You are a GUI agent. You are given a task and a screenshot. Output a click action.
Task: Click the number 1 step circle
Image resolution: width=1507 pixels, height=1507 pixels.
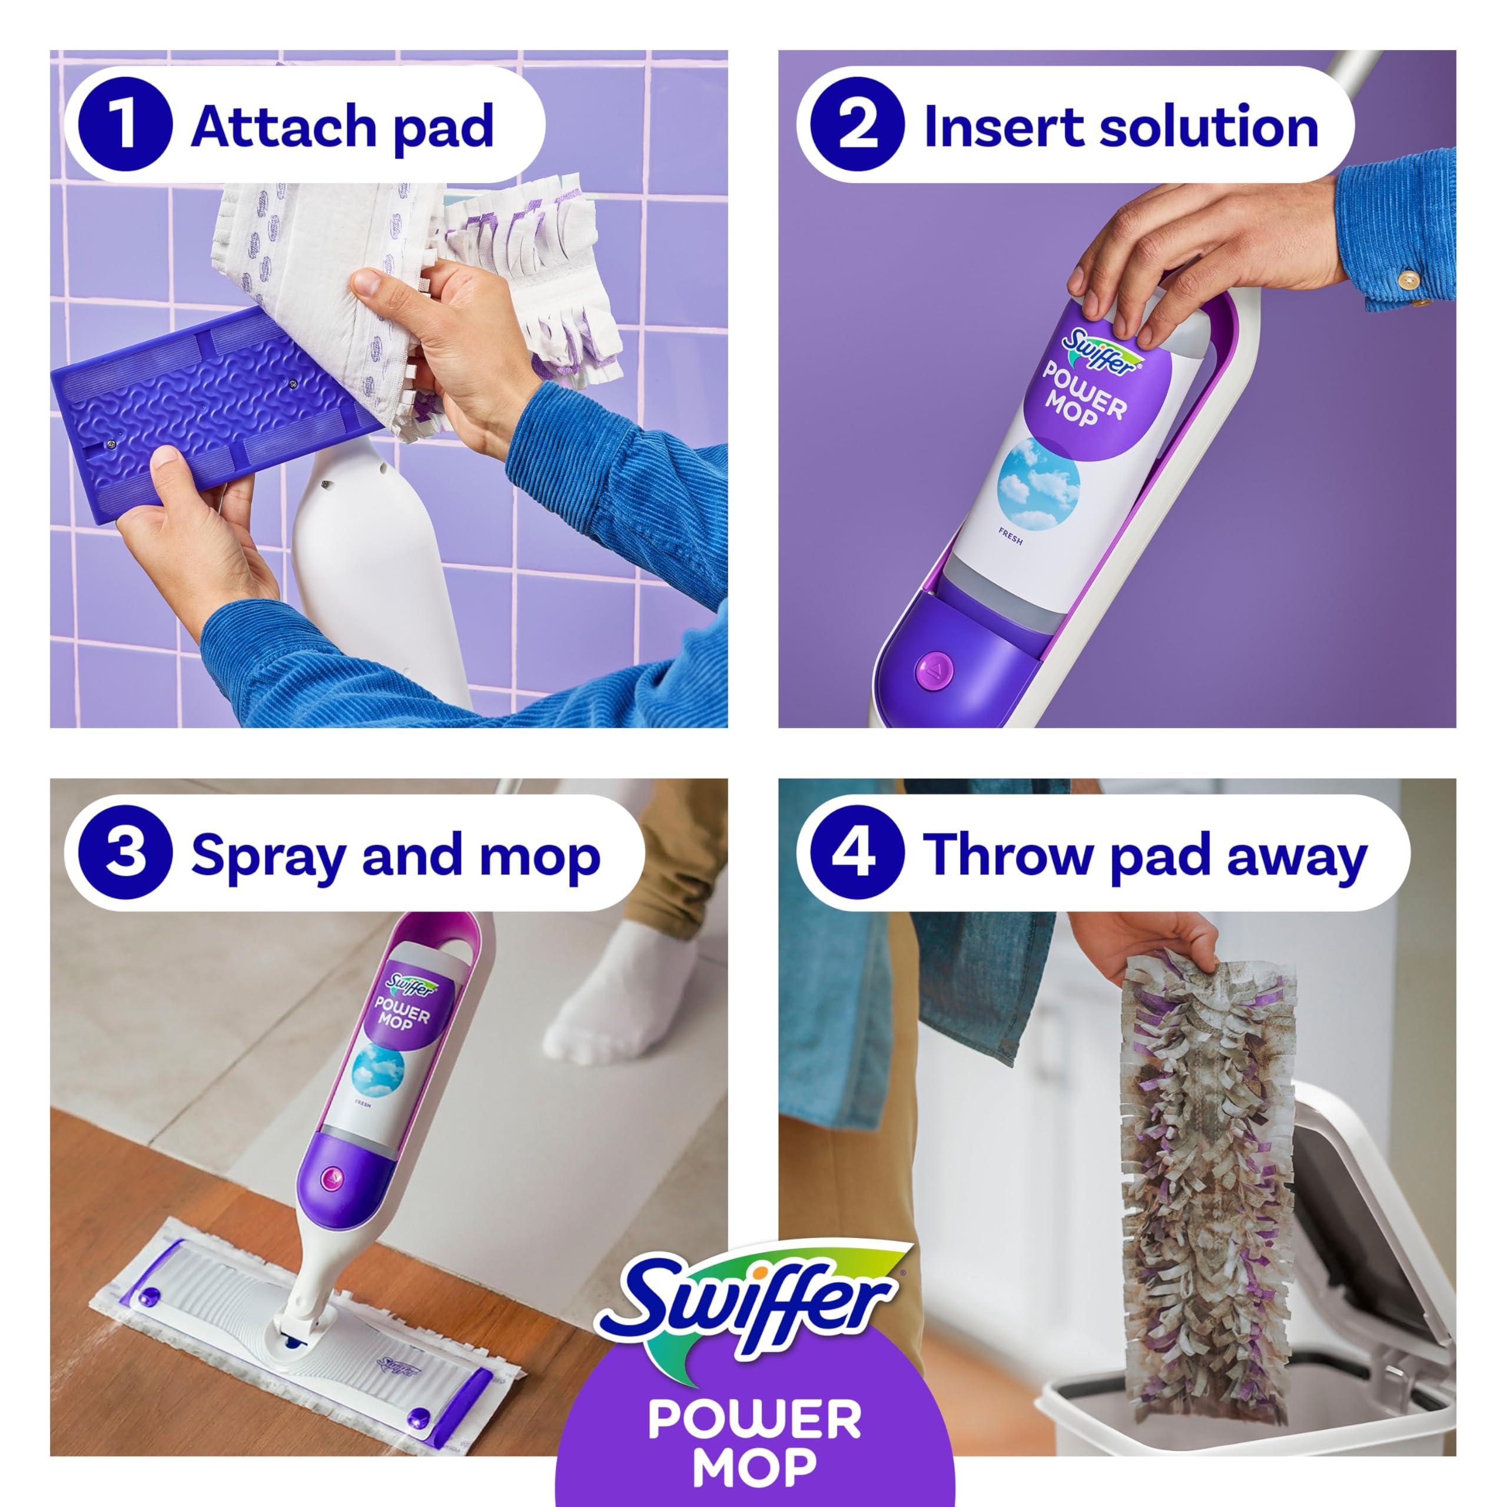(x=125, y=125)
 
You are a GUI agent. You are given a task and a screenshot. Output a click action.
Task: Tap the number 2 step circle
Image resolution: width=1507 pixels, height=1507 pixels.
(x=857, y=125)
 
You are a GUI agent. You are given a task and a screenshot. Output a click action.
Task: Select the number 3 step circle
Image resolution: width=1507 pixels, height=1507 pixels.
(x=125, y=854)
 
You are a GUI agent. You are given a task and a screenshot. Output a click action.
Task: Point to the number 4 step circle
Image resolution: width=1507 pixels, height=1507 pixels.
(x=857, y=854)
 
